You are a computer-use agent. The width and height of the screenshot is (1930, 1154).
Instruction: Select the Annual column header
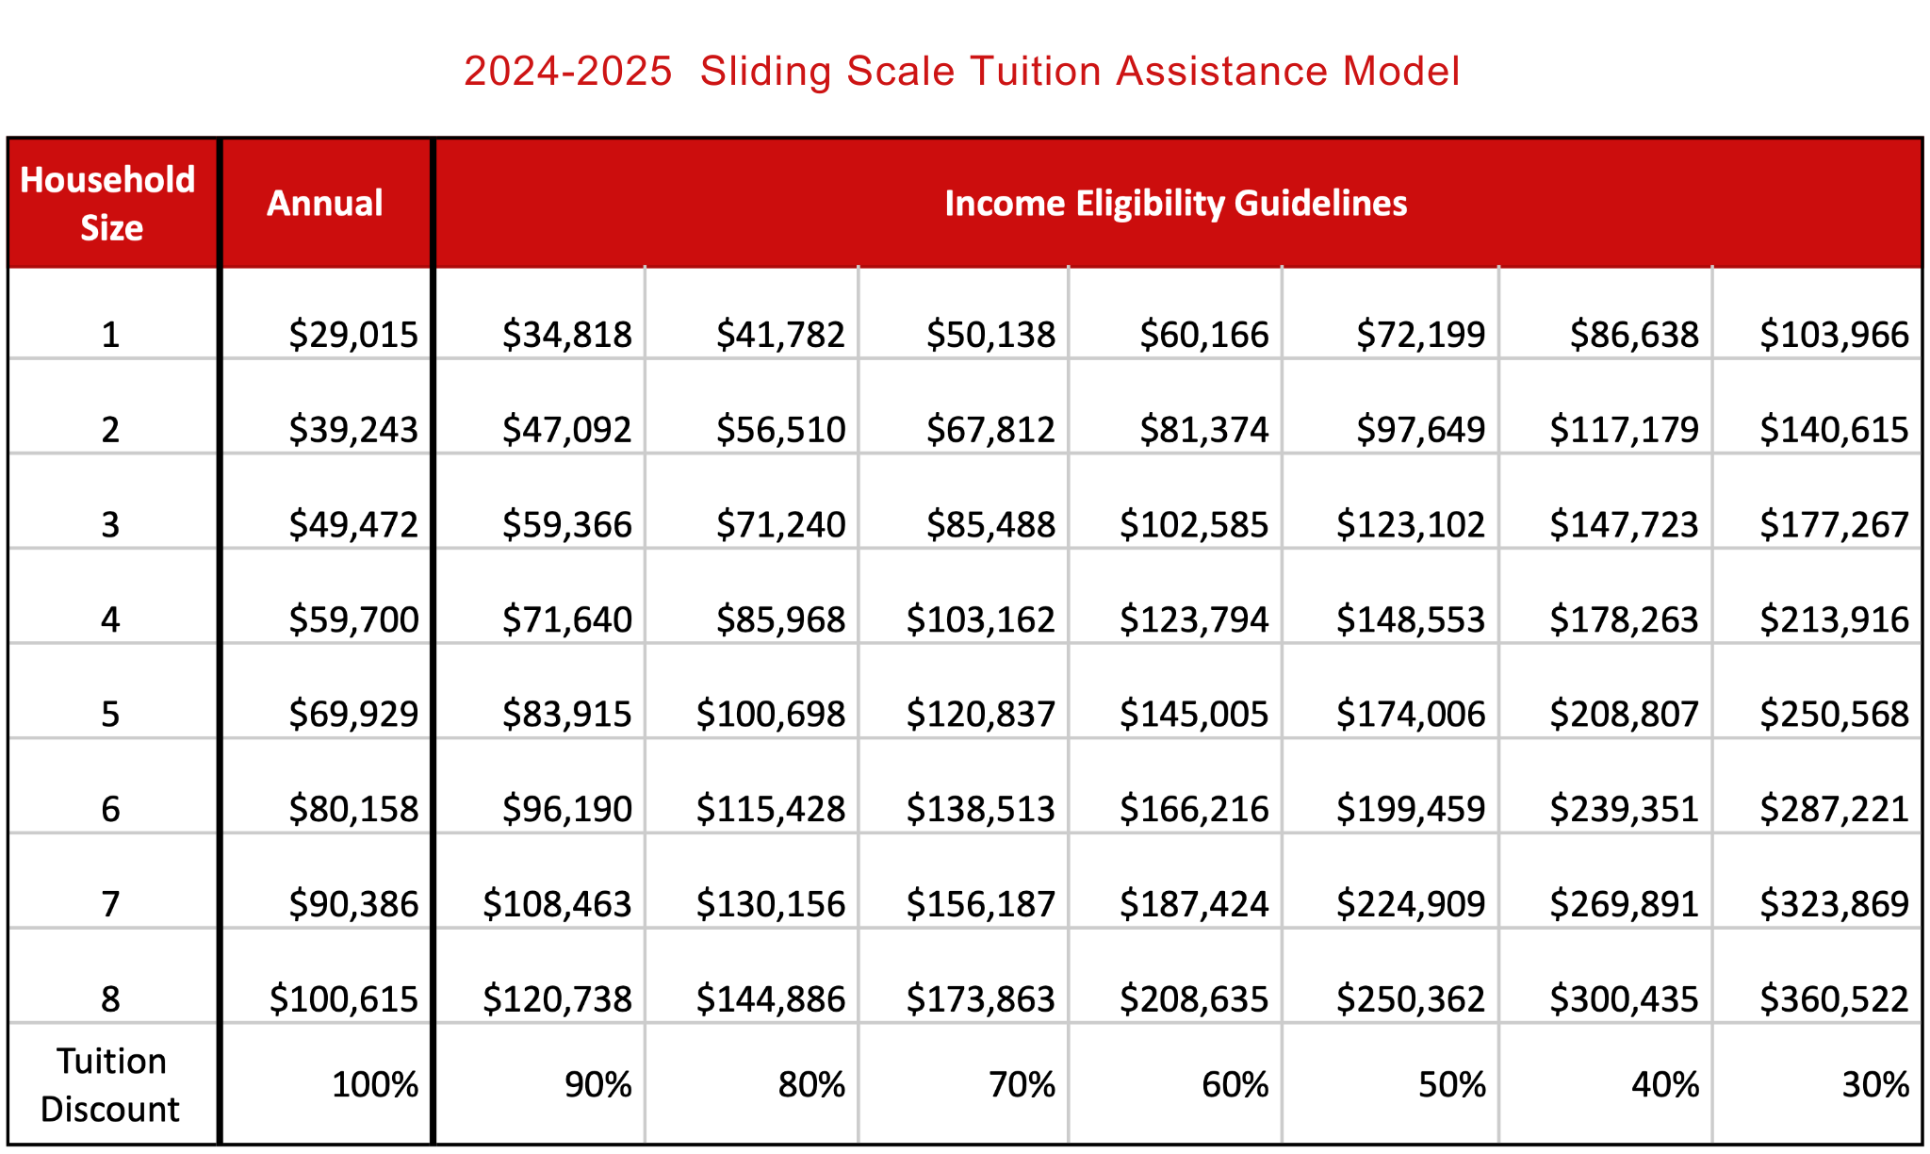tap(325, 204)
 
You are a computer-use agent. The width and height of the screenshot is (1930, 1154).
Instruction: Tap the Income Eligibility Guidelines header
tap(1175, 204)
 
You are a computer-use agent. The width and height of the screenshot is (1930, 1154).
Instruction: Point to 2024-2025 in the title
tap(567, 72)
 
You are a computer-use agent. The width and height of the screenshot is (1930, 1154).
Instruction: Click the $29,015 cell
tap(353, 335)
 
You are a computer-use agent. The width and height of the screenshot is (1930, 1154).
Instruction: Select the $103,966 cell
tap(1834, 335)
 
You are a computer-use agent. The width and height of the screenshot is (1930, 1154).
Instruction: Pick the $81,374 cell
tap(1204, 430)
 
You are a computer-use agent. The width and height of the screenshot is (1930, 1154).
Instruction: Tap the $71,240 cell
tap(780, 525)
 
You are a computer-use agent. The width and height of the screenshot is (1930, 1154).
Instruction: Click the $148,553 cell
tap(1411, 619)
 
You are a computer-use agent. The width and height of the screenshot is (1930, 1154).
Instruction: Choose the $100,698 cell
tap(770, 715)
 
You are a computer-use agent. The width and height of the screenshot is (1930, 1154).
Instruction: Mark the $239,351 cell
tap(1624, 809)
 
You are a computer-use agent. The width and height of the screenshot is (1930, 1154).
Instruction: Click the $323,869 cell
tap(1834, 904)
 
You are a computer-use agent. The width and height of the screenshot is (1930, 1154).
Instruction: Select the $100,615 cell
tap(343, 999)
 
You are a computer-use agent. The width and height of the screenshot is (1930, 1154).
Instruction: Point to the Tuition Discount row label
tap(110, 1085)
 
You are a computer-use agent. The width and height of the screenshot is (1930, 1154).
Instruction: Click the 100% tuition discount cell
tap(374, 1085)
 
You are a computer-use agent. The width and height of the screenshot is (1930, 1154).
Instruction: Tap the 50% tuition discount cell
tap(1451, 1085)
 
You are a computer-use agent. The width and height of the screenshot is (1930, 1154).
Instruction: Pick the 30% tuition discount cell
tap(1874, 1085)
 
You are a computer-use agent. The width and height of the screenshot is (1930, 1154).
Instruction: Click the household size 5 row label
tap(110, 715)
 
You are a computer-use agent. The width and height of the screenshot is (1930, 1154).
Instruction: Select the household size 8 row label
tap(110, 999)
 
